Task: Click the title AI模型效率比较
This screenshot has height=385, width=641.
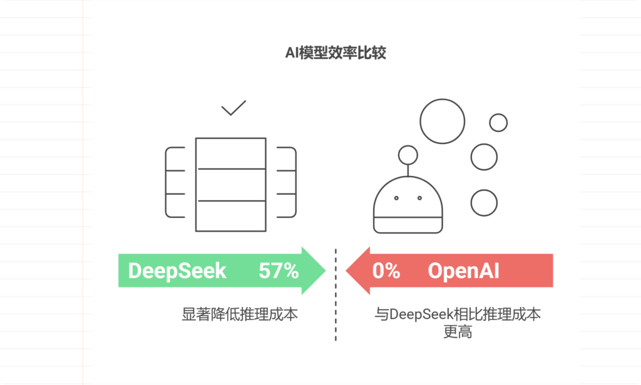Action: (336, 53)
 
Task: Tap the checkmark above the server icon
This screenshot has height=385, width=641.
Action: (233, 109)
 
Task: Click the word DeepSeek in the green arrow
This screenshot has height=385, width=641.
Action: (177, 271)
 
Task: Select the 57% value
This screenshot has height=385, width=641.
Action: (279, 271)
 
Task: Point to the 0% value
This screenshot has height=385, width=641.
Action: (386, 271)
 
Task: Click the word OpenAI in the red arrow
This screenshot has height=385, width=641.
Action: (463, 271)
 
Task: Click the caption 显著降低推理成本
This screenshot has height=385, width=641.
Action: (240, 314)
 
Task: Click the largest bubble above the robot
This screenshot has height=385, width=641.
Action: (442, 121)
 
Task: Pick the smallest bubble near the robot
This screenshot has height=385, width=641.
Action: (498, 123)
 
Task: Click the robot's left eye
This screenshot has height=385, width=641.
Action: (396, 198)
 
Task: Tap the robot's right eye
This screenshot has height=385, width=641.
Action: (420, 198)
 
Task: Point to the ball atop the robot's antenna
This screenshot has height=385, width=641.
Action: (408, 154)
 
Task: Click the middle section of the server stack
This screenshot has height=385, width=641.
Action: (230, 185)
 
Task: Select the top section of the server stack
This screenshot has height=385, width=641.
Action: (230, 153)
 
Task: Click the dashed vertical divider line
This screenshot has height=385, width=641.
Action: (336, 294)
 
